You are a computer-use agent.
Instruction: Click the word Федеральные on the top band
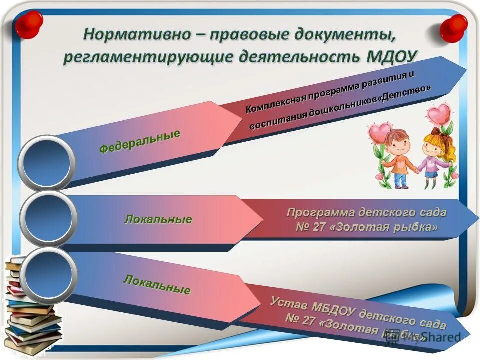(x=139, y=141)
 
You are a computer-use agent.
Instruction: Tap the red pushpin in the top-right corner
(x=453, y=28)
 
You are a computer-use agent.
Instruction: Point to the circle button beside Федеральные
(x=46, y=162)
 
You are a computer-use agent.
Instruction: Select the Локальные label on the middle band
(x=158, y=219)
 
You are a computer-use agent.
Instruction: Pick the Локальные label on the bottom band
(x=157, y=284)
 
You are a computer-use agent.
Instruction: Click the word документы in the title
(x=340, y=34)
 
